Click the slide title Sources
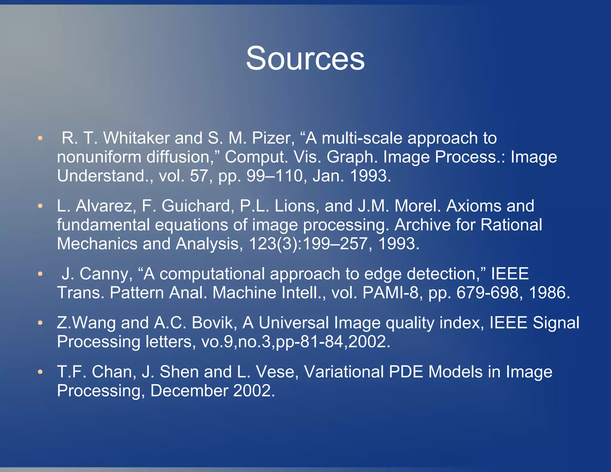tap(305, 58)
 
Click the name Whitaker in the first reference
tap(136, 138)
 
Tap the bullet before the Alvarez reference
tap(40, 206)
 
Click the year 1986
tap(549, 293)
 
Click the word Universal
tap(294, 323)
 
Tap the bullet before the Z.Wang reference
tap(40, 323)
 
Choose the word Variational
tap(344, 372)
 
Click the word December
tap(189, 391)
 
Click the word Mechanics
tap(97, 244)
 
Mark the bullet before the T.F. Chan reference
tap(40, 372)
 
